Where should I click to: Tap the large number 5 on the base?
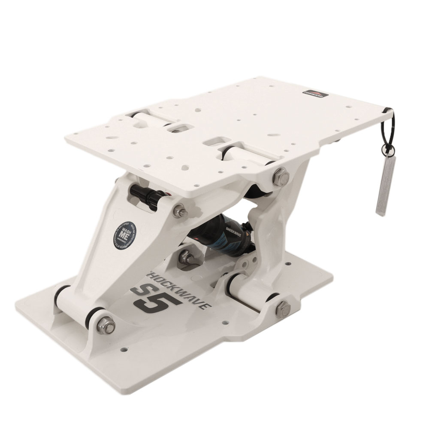(x=162, y=302)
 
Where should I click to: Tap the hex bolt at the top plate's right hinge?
(x=278, y=175)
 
